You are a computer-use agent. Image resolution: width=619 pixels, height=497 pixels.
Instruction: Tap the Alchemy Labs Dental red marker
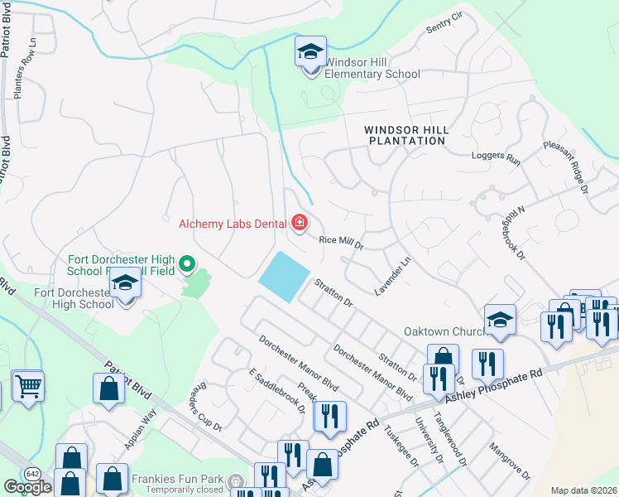pyautogui.click(x=299, y=222)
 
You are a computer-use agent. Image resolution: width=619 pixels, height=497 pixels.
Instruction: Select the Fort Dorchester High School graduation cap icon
pyautogui.click(x=126, y=284)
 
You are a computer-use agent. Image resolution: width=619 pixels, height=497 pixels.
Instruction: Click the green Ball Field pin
pyautogui.click(x=187, y=265)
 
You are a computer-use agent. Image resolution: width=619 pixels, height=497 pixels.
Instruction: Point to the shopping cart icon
pyautogui.click(x=27, y=386)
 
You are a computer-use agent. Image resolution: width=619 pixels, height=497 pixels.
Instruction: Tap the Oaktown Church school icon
pyautogui.click(x=500, y=321)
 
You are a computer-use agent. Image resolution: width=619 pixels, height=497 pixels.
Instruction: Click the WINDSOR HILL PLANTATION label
pyautogui.click(x=405, y=135)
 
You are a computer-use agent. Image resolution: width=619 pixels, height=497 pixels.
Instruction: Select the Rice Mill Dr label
pyautogui.click(x=342, y=242)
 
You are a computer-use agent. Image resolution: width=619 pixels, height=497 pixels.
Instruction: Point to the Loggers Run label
pyautogui.click(x=494, y=157)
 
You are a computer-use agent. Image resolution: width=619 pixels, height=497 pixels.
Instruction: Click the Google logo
pyautogui.click(x=28, y=487)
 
